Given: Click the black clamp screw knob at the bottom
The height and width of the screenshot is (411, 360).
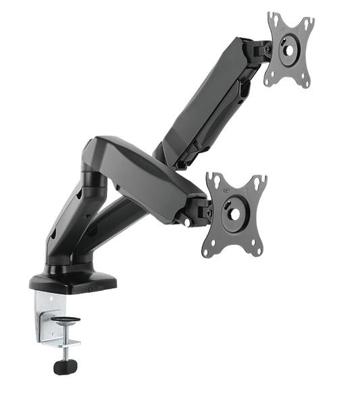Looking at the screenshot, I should coord(65,366).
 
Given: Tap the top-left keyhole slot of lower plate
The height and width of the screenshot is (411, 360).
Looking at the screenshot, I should coord(215,181).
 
